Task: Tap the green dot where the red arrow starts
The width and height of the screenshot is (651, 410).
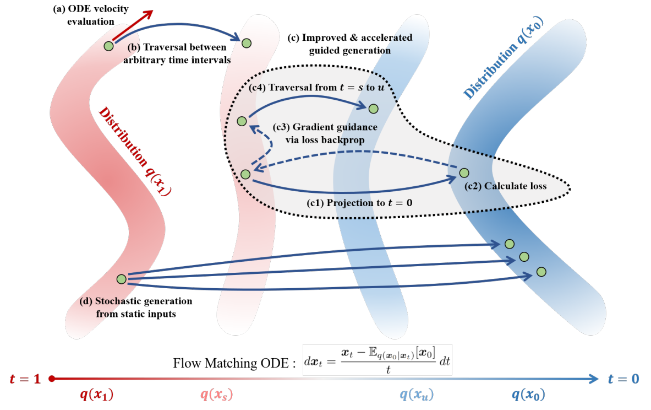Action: coord(109,46)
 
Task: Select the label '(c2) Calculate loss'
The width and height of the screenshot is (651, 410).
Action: coord(505,186)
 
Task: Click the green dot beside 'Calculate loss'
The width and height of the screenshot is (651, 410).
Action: coord(464,172)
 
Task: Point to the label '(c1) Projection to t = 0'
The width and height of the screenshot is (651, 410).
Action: coord(359,203)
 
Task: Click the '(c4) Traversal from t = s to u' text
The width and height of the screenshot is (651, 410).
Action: coord(316,87)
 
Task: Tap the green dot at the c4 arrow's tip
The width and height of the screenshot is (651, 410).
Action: coord(373,109)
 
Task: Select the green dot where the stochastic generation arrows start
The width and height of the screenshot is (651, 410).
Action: coord(121,279)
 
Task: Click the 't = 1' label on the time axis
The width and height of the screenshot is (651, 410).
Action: coord(25,379)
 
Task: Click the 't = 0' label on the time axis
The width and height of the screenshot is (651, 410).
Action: coord(623,379)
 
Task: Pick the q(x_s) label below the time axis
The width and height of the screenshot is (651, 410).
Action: coord(216,394)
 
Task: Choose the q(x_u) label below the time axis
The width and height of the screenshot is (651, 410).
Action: coord(417,394)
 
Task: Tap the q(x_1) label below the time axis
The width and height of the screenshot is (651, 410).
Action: coord(97,394)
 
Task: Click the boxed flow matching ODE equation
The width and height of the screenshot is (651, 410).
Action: coord(377,360)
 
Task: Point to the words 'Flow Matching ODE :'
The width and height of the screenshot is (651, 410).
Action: coord(234,363)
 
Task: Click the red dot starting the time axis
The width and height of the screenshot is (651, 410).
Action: coord(52,379)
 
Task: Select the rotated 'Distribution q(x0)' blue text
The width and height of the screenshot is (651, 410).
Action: coord(503,58)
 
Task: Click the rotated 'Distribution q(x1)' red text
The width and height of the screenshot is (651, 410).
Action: coord(135,152)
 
